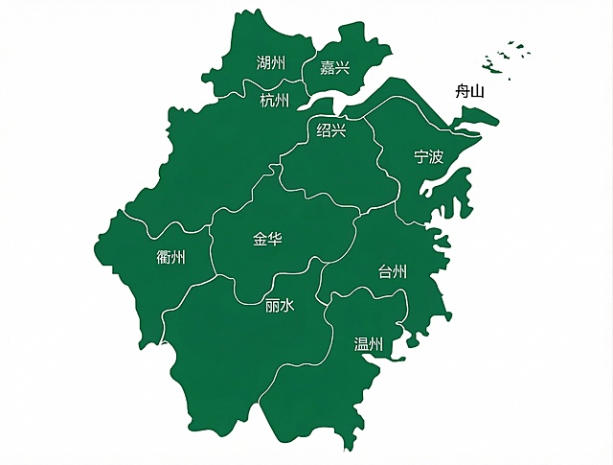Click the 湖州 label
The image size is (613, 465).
click(271, 63)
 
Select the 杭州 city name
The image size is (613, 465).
click(274, 100)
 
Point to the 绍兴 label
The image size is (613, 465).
click(331, 130)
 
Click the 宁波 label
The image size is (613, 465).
click(429, 156)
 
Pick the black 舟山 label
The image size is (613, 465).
click(469, 92)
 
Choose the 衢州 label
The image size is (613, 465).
click(170, 257)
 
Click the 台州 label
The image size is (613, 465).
click(393, 272)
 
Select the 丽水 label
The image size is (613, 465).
click(280, 307)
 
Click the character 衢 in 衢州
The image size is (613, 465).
click(163, 257)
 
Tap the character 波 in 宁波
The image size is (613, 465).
click(437, 156)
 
